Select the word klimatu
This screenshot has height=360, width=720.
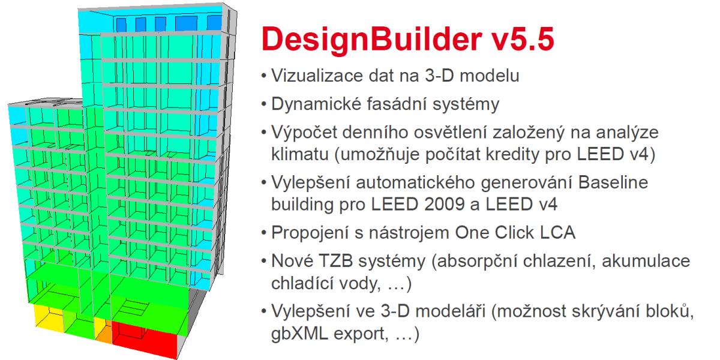[300, 154]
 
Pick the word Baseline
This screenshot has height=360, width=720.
[613, 182]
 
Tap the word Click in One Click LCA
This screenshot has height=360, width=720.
[514, 233]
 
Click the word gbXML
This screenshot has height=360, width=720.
[299, 334]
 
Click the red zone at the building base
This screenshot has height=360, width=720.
[145, 337]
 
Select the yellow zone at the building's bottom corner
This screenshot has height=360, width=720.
[48, 317]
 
